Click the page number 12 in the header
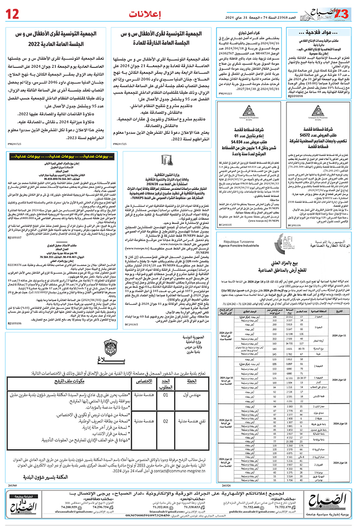12,12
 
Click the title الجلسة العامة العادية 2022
58,43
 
